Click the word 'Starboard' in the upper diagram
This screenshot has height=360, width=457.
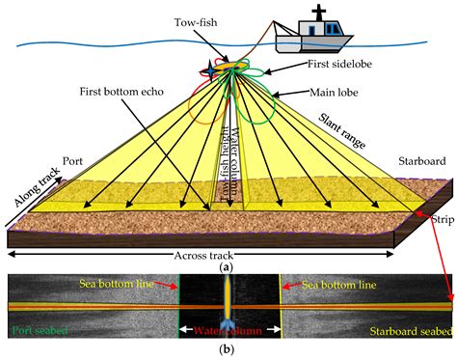423,162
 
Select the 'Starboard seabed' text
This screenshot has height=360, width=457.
409,331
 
